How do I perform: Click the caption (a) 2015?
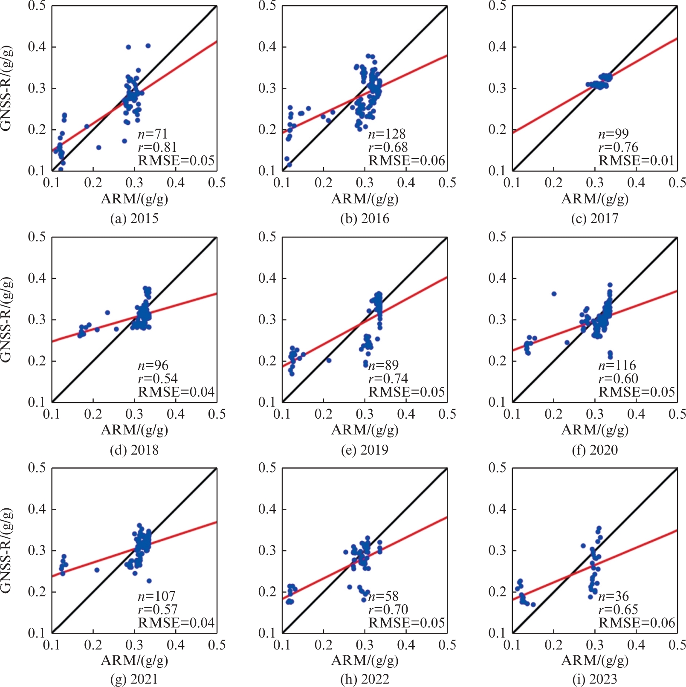coord(134,219)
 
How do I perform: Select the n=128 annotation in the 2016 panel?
coord(387,134)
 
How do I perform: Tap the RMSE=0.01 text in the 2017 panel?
coord(636,161)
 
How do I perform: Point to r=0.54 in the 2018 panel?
coord(157,379)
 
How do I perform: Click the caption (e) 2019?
coord(365,450)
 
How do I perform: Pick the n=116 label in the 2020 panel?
coord(617,365)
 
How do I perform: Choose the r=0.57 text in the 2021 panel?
coord(157,609)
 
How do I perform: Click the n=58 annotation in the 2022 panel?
coord(383,596)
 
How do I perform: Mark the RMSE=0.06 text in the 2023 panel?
coord(637,623)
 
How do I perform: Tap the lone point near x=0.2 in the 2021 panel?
coord(97,570)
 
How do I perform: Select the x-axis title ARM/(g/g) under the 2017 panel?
coord(595,199)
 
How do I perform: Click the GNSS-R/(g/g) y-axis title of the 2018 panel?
coord(6,320)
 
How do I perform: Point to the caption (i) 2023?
coord(594,679)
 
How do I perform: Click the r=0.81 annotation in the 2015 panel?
coord(157,148)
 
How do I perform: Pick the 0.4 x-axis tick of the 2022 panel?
coord(406,645)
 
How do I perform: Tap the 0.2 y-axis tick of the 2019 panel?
coord(267,361)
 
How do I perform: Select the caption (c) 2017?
coord(594,219)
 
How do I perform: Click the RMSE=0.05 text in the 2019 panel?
coord(406,392)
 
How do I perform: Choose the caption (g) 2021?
coord(134,679)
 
